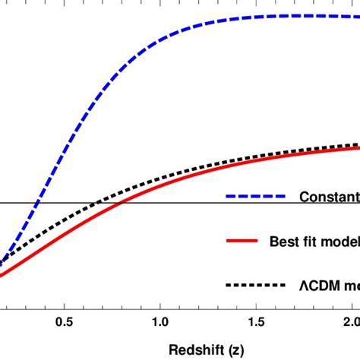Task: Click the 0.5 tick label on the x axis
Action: [65, 322]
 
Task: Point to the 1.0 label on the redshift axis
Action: [160, 322]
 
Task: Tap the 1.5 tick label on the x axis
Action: [256, 322]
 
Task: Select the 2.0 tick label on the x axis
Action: [350, 322]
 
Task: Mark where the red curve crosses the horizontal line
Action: [125, 203]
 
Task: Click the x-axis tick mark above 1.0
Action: [160, 305]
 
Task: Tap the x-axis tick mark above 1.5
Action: [256, 305]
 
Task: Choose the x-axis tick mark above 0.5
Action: [65, 305]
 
